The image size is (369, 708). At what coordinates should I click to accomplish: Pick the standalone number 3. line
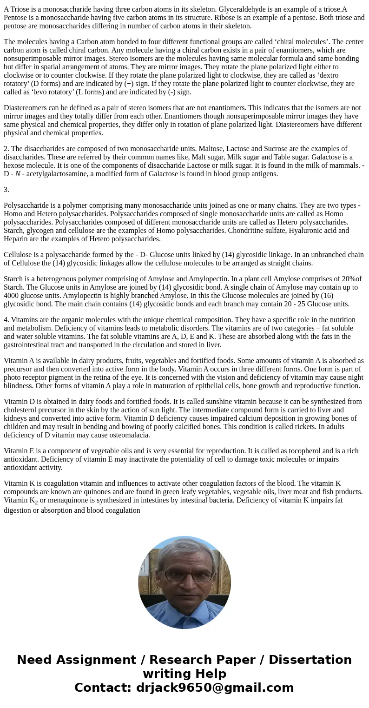[7, 190]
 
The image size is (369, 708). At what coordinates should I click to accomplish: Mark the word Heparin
[17, 239]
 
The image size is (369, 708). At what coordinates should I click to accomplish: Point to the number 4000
[13, 296]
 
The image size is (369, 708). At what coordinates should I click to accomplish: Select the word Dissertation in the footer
[310, 660]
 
